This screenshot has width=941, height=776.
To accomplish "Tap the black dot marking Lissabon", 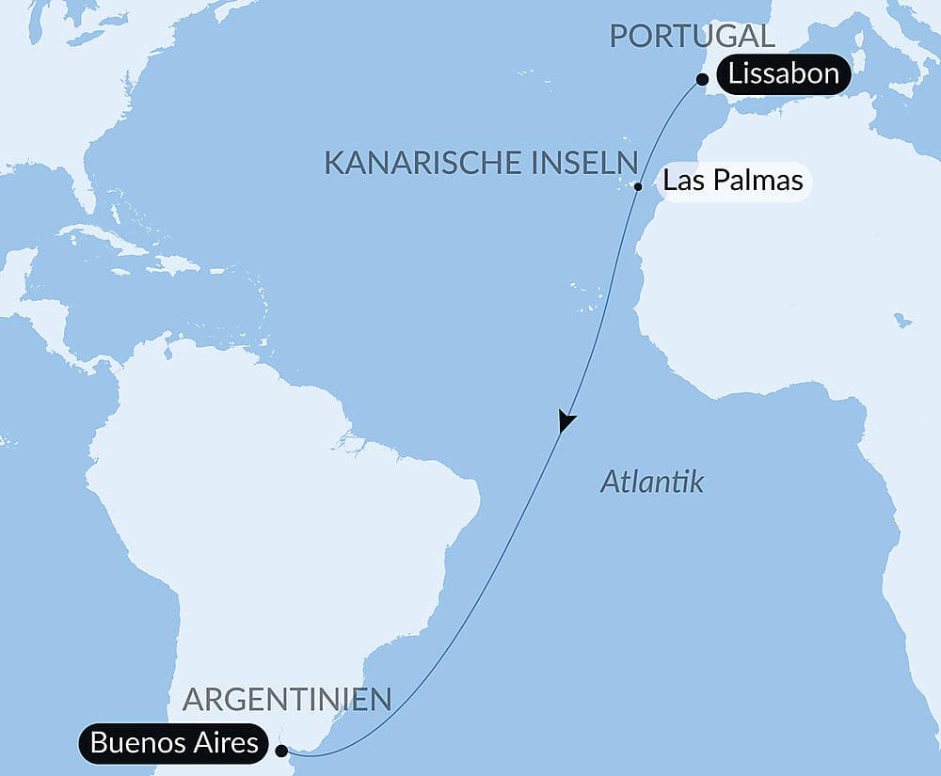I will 703,81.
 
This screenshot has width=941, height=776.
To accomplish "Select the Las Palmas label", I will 733,180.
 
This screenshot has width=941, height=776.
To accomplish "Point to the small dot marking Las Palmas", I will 638,186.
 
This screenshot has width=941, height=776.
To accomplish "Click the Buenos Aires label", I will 174,743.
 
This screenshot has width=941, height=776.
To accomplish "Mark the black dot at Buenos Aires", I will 281,751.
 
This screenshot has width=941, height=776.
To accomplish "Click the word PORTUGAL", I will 692,37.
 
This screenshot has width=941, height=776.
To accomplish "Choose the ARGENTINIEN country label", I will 287,700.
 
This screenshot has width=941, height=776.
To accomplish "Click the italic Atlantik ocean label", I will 652,483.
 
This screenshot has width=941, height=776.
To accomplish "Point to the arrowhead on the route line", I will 566,421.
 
